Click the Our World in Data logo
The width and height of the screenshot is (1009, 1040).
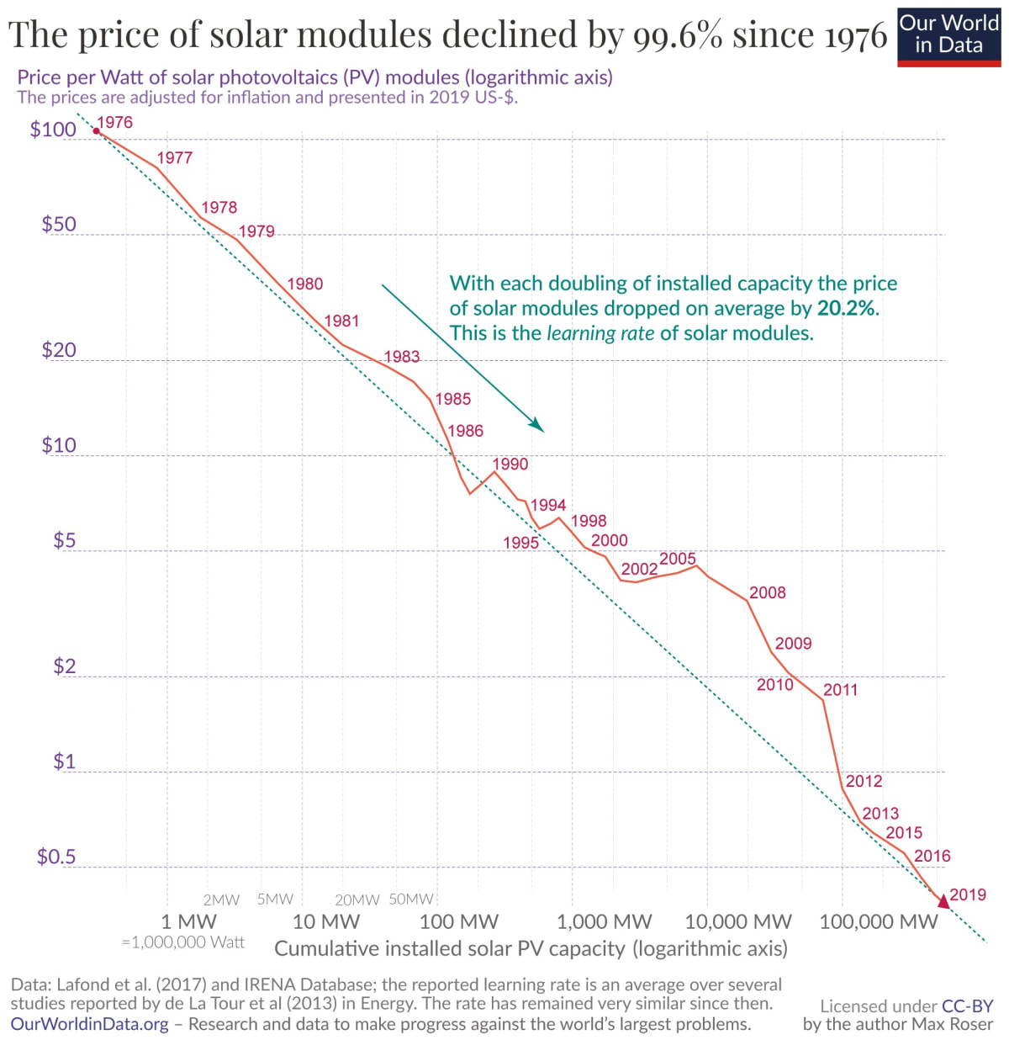point(948,35)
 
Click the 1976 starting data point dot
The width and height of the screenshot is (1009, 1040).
point(96,130)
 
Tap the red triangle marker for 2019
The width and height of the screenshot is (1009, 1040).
point(943,901)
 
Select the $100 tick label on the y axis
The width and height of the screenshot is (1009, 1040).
point(53,130)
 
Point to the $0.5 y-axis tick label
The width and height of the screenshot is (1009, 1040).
point(55,857)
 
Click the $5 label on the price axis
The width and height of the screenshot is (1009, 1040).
point(65,540)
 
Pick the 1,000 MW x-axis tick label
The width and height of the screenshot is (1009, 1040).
point(604,921)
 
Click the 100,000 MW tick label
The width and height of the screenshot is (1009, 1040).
point(878,921)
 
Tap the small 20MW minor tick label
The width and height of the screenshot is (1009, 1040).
point(357,900)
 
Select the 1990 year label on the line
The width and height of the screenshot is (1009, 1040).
point(510,464)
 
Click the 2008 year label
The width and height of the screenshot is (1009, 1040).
point(767,592)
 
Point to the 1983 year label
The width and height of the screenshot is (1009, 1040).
point(402,357)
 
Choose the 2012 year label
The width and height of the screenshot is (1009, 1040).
point(864,781)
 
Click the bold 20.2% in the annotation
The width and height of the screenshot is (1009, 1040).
point(846,308)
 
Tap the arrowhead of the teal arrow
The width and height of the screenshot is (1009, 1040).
point(538,426)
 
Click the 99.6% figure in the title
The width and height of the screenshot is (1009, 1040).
point(678,35)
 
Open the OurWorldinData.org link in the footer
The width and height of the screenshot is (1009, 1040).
point(90,1024)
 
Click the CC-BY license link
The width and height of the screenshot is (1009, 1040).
point(967,1006)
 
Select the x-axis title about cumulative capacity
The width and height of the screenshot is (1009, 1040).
point(531,948)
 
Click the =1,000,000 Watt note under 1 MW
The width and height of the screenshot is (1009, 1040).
point(183,942)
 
